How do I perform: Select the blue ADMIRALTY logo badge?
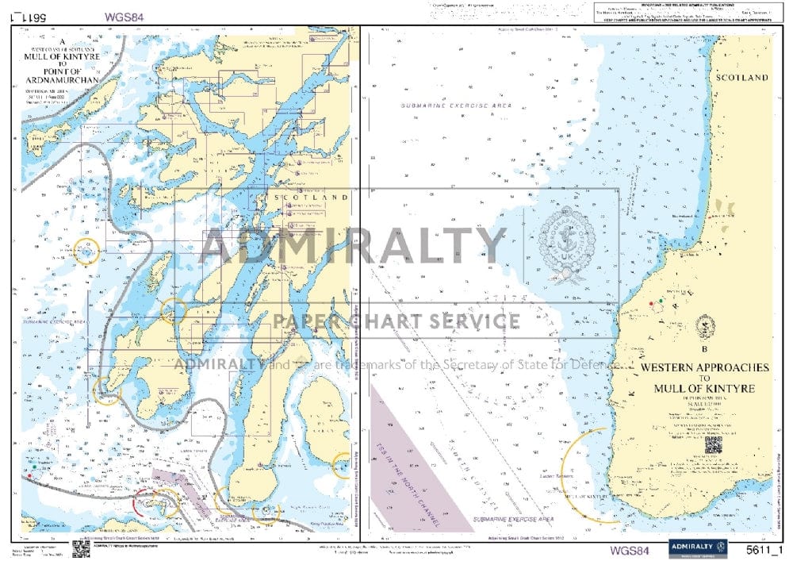tap(698, 548)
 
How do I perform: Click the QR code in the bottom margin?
tap(81, 548)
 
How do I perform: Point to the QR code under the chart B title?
tap(713, 445)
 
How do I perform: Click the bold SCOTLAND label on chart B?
tap(741, 78)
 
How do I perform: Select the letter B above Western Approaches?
tap(703, 348)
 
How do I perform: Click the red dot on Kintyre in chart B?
tap(651, 304)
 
